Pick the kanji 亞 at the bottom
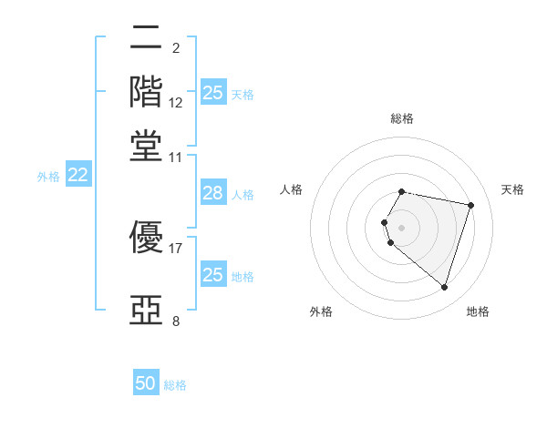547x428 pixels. [x=146, y=311]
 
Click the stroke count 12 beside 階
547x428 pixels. [x=176, y=103]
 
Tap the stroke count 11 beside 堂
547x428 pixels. [x=176, y=158]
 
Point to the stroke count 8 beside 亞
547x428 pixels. [x=176, y=321]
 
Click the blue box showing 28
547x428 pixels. [x=212, y=193]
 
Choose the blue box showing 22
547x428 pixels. [x=77, y=176]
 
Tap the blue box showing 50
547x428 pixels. [x=146, y=383]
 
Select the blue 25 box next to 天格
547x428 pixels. [x=212, y=92]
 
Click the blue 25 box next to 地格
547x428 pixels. [x=212, y=274]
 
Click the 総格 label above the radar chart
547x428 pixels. [x=402, y=118]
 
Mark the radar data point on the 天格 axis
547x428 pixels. [x=471, y=205]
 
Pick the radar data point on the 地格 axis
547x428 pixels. [x=444, y=287]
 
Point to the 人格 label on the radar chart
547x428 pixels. [x=292, y=189]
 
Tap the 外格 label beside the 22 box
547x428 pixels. [x=48, y=177]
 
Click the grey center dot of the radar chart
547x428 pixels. [x=402, y=227]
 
